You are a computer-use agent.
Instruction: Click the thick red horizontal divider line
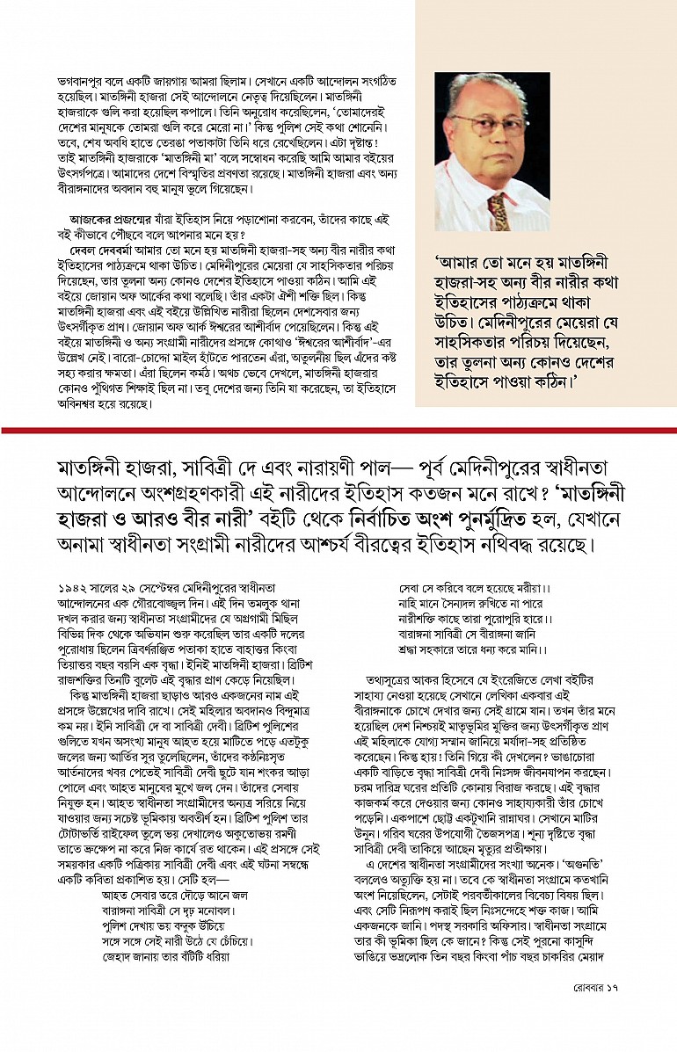click(338, 431)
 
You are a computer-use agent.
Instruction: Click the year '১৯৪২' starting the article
click(72, 586)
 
